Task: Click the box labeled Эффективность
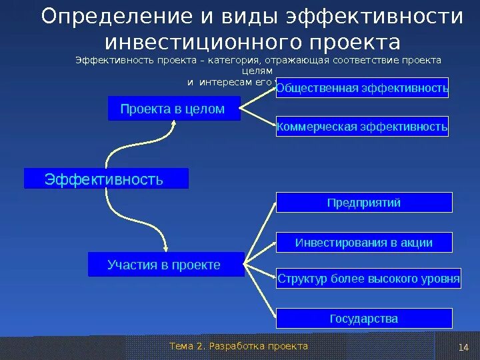tap(106, 179)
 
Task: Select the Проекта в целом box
tap(174, 109)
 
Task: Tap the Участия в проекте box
tap(164, 265)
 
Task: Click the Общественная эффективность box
tap(363, 88)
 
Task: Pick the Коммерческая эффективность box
tap(363, 126)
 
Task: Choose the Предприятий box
tap(364, 203)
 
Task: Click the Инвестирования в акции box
tap(364, 243)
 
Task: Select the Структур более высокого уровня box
tap(369, 279)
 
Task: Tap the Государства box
tap(364, 319)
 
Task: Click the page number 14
tap(465, 347)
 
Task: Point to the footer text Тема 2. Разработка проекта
tap(239, 346)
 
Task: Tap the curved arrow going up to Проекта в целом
tap(133, 143)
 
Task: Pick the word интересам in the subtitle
tap(227, 82)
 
